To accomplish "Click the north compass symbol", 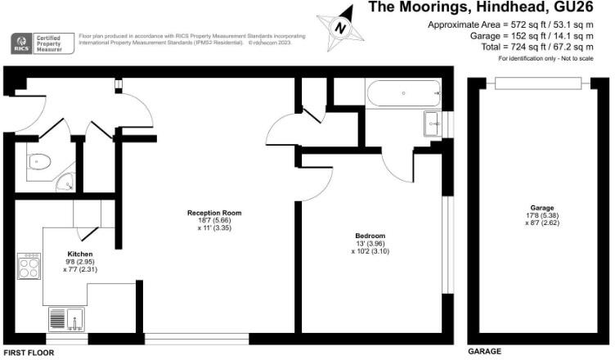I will click(338, 25).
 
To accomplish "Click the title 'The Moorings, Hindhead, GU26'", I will click(490, 8).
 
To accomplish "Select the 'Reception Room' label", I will click(213, 213).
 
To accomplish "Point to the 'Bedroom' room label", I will click(370, 236).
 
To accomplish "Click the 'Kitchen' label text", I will click(80, 254).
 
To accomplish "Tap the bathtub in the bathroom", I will click(404, 94).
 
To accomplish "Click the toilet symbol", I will click(39, 164).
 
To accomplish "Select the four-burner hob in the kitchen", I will click(31, 266).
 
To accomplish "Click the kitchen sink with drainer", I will click(68, 318).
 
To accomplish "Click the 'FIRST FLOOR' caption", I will click(28, 353).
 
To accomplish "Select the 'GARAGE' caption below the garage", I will click(484, 352).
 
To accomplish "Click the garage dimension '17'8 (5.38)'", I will click(536, 216).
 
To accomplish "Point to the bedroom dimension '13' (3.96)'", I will click(370, 244).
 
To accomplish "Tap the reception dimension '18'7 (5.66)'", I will click(214, 221).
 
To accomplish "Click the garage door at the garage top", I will click(534, 79).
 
